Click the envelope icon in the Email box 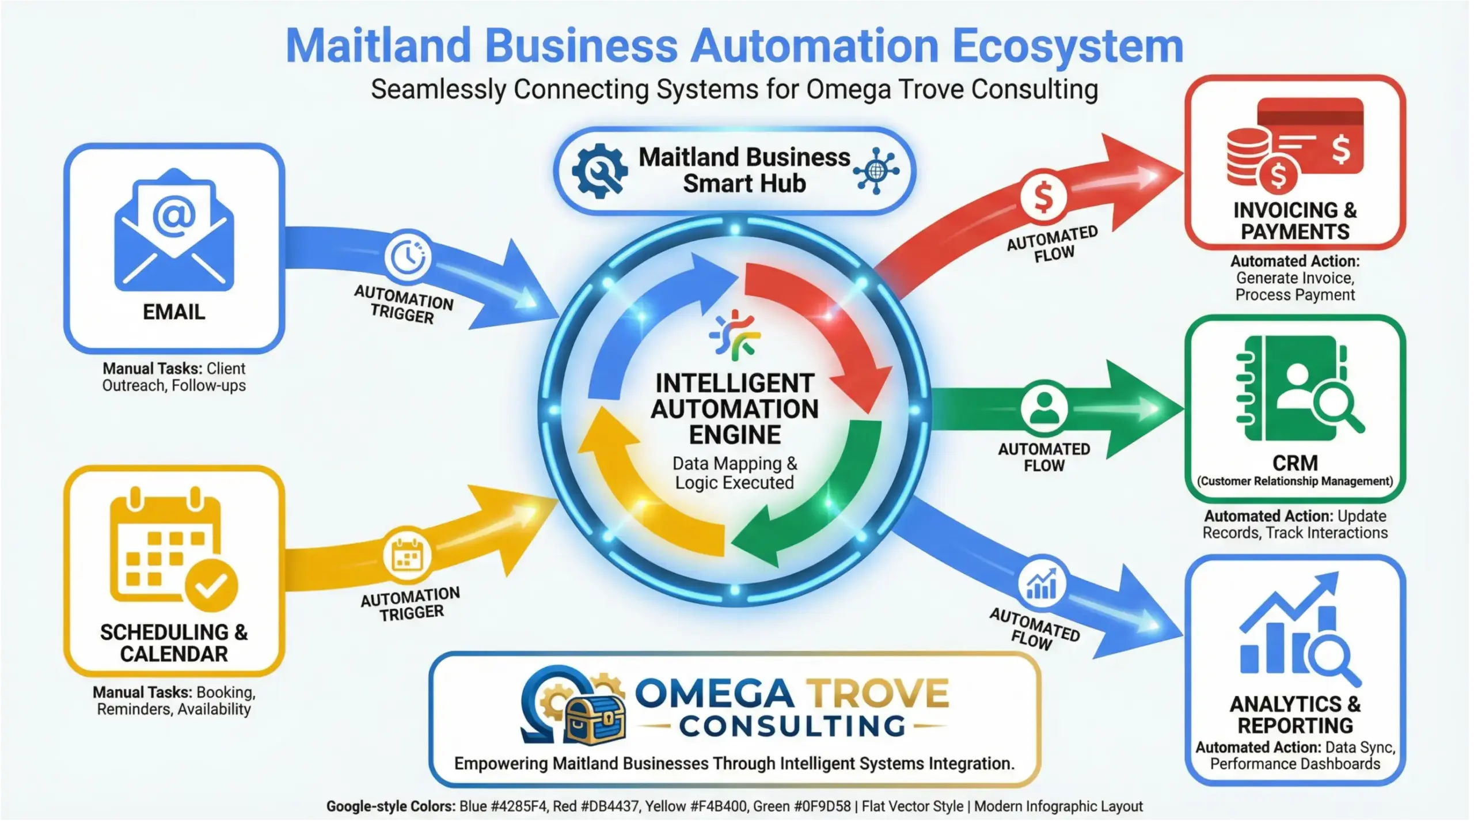(174, 230)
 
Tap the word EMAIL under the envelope (174, 312)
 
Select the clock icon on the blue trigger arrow (408, 256)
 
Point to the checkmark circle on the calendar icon (211, 586)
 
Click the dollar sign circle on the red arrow (1043, 197)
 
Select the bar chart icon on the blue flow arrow (1042, 584)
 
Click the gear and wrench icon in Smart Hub (599, 170)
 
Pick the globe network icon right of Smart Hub (876, 170)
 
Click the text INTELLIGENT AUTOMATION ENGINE (735, 408)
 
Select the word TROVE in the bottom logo (876, 693)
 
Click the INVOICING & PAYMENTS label (1294, 221)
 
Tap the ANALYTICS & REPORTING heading (1295, 714)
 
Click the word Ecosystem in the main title (1067, 46)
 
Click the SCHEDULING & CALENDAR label (174, 643)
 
